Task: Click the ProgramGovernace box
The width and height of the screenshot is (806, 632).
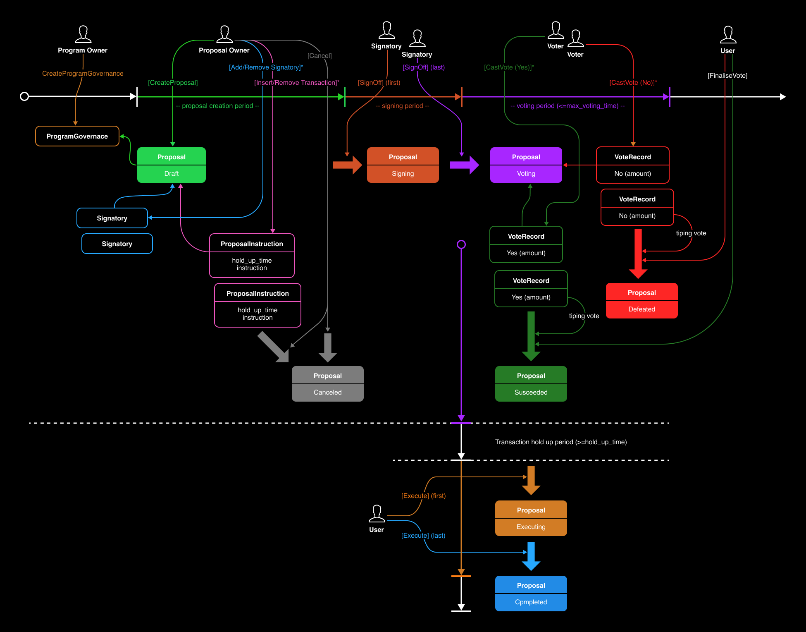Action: click(77, 136)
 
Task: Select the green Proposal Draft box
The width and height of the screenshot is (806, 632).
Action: click(172, 165)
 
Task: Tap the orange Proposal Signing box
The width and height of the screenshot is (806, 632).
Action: click(403, 165)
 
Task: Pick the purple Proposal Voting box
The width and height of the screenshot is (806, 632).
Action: click(526, 165)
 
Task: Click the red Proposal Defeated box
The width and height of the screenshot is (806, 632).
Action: click(641, 301)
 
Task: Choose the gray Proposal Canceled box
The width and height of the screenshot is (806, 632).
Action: click(327, 384)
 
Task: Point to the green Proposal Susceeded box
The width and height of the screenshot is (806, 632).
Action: click(531, 384)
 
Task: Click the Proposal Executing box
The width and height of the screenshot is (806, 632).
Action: click(531, 518)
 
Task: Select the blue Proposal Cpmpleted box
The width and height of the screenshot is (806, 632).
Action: click(531, 594)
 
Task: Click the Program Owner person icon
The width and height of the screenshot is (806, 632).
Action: click(83, 34)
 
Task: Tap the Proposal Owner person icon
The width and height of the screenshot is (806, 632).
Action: click(224, 34)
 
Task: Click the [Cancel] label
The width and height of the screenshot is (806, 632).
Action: click(320, 56)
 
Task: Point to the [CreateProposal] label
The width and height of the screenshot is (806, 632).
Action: click(173, 83)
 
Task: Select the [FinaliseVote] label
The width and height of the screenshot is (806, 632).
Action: click(727, 76)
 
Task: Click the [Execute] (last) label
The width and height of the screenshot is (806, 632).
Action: click(423, 536)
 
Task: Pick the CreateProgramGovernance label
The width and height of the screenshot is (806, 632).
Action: click(83, 74)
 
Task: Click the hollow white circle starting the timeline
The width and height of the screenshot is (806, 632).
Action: click(24, 96)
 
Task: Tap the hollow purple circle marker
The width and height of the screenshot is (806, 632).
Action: click(461, 244)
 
